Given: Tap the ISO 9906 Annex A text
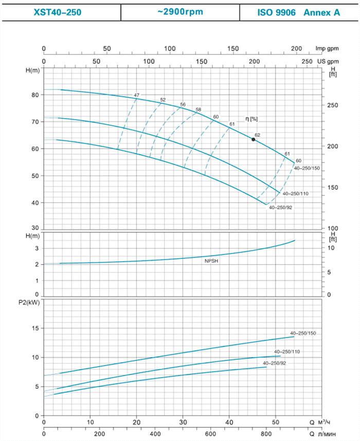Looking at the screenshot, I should (298, 11).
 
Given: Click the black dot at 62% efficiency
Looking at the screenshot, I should (253, 139).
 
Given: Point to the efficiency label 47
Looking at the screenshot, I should (136, 95).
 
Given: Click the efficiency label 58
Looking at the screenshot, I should (199, 109).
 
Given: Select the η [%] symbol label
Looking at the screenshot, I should (251, 119).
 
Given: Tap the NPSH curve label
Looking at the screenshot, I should (211, 261).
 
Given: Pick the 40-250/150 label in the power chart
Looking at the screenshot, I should (303, 333).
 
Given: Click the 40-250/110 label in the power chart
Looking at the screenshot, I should (287, 352).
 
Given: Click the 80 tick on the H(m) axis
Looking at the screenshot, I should (35, 95).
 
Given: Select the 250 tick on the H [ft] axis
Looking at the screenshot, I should (333, 105).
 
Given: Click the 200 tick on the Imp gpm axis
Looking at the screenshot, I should (296, 48).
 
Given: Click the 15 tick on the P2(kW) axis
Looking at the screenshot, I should (36, 328).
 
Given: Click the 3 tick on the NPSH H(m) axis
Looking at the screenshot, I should (37, 248).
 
